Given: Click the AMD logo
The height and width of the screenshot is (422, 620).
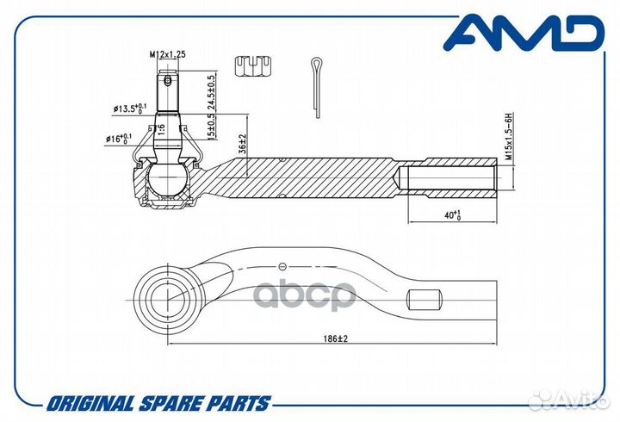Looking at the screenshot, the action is pyautogui.click(x=524, y=33).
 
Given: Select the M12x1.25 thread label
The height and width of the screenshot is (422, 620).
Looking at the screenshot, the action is pyautogui.click(x=167, y=54).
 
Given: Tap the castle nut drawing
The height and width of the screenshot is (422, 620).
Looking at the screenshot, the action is pyautogui.click(x=253, y=66).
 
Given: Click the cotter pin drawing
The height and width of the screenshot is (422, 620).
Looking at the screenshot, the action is pyautogui.click(x=317, y=87).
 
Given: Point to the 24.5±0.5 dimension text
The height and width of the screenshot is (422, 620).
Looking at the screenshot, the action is pyautogui.click(x=212, y=92).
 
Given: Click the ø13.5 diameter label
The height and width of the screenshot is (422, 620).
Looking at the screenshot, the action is pyautogui.click(x=130, y=109).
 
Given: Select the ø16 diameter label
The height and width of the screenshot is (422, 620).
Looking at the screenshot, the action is pyautogui.click(x=119, y=139).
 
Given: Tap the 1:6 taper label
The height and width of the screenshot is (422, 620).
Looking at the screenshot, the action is pyautogui.click(x=161, y=129).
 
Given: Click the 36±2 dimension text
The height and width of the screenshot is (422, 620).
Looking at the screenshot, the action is pyautogui.click(x=242, y=143).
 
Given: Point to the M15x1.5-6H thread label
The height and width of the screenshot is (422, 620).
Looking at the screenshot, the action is pyautogui.click(x=509, y=136).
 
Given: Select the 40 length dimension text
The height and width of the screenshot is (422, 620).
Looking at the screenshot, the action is pyautogui.click(x=453, y=215).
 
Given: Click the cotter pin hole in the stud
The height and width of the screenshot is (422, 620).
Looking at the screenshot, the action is pyautogui.click(x=168, y=81).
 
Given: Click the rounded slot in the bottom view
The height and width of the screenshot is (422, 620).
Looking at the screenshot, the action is pyautogui.click(x=425, y=300).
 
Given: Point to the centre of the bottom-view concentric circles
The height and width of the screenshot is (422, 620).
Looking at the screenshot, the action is pyautogui.click(x=168, y=301).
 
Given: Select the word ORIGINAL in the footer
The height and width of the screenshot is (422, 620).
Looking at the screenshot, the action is pyautogui.click(x=90, y=404).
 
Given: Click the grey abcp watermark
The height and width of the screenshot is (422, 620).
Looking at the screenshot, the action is pyautogui.click(x=305, y=295).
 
